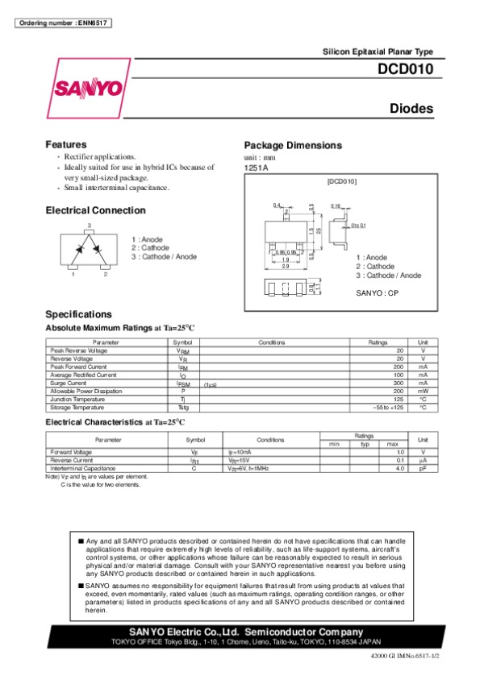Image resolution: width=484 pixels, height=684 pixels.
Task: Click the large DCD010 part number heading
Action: point(406,70)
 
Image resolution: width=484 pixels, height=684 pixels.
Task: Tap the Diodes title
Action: point(411,109)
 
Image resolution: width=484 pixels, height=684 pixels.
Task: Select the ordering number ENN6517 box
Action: point(62,21)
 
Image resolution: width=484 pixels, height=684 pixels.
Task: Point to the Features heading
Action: point(65,144)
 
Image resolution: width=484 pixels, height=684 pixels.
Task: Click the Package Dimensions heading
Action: point(293,145)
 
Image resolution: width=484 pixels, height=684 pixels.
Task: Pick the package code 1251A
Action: point(256,168)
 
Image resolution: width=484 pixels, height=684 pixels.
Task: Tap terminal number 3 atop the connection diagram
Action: point(90,223)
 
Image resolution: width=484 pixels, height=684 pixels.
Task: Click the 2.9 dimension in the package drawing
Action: point(286,266)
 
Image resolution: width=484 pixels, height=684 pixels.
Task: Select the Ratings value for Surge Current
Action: point(398,383)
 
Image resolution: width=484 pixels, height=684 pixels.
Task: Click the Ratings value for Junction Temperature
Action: point(398,400)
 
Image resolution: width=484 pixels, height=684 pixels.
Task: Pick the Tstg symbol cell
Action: point(183,408)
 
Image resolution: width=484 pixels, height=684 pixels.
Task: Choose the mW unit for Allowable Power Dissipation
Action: point(422,391)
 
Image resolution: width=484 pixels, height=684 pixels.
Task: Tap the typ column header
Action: point(365,444)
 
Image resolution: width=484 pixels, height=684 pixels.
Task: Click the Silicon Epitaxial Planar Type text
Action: point(378,51)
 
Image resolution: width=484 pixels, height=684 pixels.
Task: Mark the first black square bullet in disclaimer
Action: point(81,541)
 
